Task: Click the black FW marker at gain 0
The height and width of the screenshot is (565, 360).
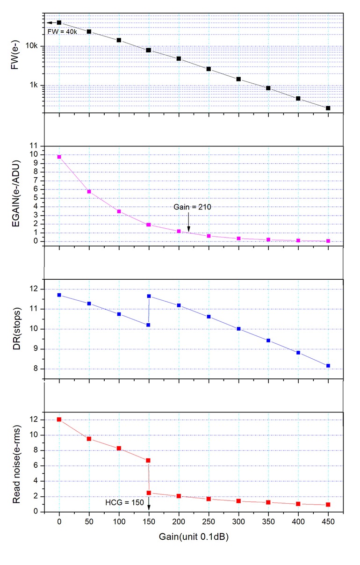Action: pyautogui.click(x=59, y=22)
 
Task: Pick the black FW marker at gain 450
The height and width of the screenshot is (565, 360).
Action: pyautogui.click(x=328, y=108)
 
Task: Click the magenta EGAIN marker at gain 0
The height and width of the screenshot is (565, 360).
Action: pyautogui.click(x=59, y=157)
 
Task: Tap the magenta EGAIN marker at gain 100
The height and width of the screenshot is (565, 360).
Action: pyautogui.click(x=119, y=211)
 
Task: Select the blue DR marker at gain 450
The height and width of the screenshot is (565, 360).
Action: pyautogui.click(x=328, y=366)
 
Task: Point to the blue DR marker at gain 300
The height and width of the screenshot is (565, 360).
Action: pyautogui.click(x=238, y=329)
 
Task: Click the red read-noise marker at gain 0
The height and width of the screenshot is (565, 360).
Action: pyautogui.click(x=59, y=420)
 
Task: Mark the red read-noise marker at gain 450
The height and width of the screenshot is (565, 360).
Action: pyautogui.click(x=328, y=505)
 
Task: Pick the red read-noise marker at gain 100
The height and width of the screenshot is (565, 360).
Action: pyautogui.click(x=119, y=449)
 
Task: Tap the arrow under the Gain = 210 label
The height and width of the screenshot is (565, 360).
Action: pyautogui.click(x=188, y=222)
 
